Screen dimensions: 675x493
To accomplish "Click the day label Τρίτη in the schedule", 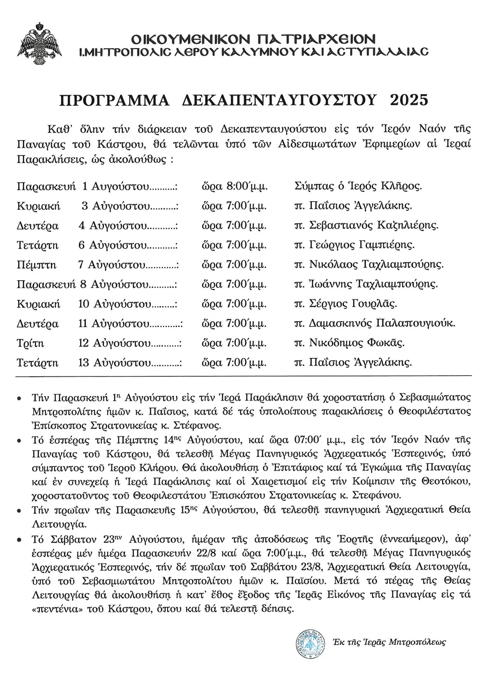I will tap(30, 343).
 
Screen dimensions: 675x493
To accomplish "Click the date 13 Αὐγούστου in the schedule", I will tap(114, 363).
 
